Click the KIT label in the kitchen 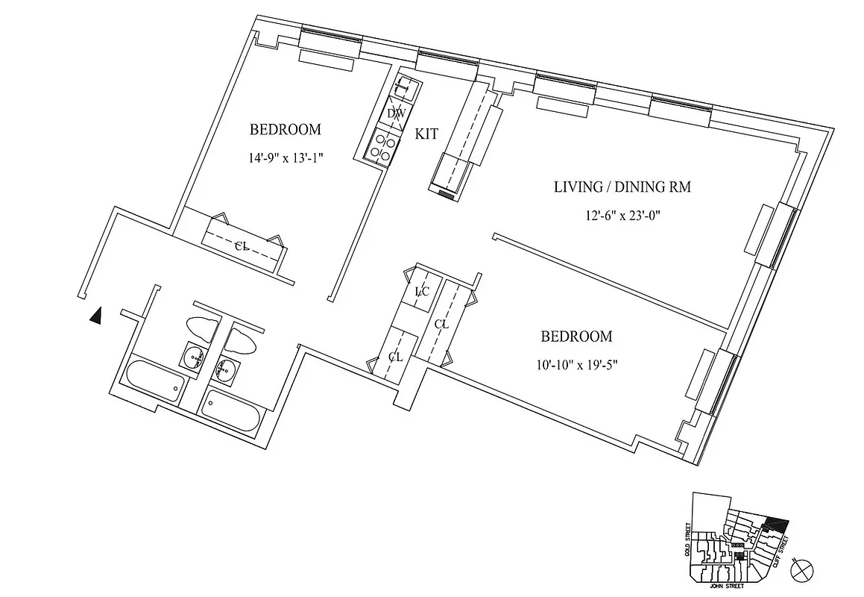[426, 134]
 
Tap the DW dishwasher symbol [396, 113]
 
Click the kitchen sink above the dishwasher [404, 88]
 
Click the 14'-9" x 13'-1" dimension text [286, 158]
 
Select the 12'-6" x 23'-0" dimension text [622, 216]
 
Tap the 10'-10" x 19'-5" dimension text [576, 366]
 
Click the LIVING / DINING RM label [622, 187]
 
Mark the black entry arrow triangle [95, 316]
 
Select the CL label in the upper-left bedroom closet [242, 246]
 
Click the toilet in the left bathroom [201, 328]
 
